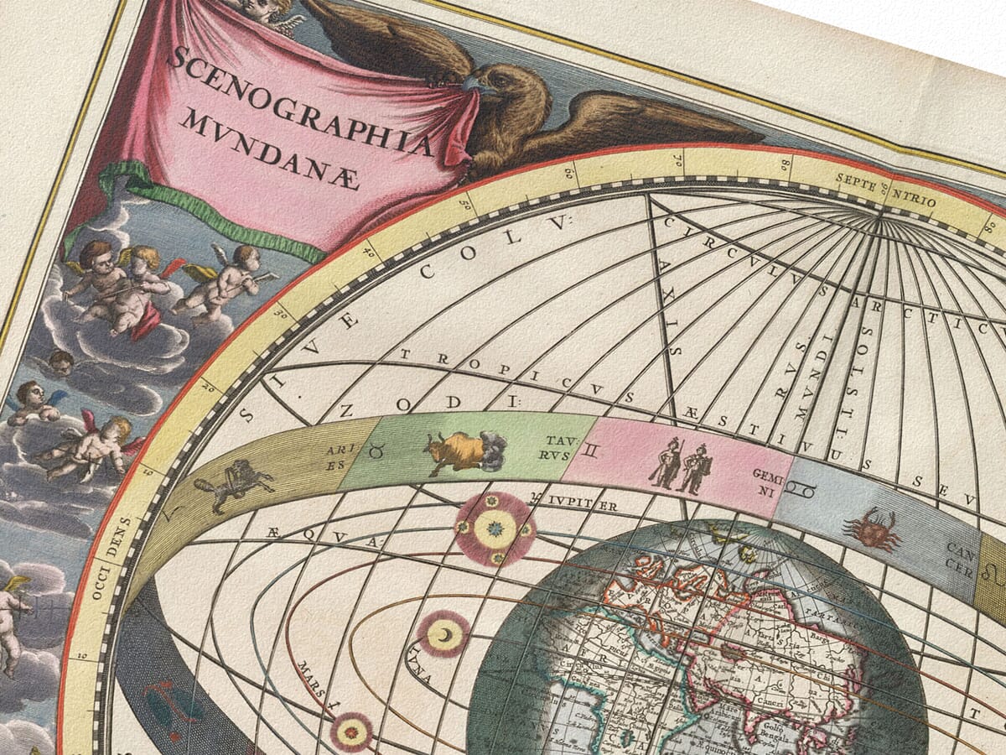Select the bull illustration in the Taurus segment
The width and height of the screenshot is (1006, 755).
tap(461, 451)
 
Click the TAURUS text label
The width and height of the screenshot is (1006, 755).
tap(557, 447)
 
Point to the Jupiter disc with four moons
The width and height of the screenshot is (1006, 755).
tap(495, 529)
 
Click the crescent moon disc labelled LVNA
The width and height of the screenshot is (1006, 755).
tap(443, 633)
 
